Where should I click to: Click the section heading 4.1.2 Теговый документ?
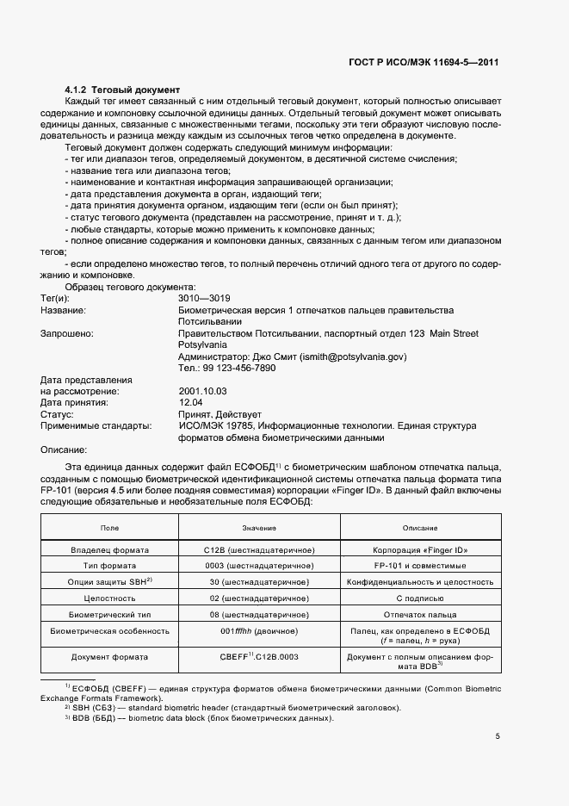[x=122, y=90]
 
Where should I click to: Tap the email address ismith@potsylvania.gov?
[x=354, y=356]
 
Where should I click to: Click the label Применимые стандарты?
[x=95, y=425]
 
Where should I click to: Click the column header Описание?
[x=420, y=527]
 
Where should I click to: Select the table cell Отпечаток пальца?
[x=420, y=615]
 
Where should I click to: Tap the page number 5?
[x=497, y=736]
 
